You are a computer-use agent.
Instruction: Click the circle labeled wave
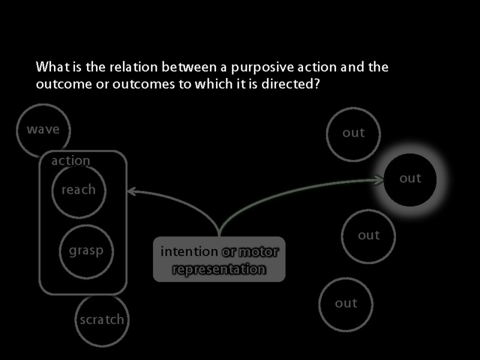43,130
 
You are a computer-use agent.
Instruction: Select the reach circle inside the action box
79,190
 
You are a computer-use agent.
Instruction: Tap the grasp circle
86,251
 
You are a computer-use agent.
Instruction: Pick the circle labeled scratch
102,320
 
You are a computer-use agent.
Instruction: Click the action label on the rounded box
71,161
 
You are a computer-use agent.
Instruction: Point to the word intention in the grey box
189,252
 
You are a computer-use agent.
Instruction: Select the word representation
219,269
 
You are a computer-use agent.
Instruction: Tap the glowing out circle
410,179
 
